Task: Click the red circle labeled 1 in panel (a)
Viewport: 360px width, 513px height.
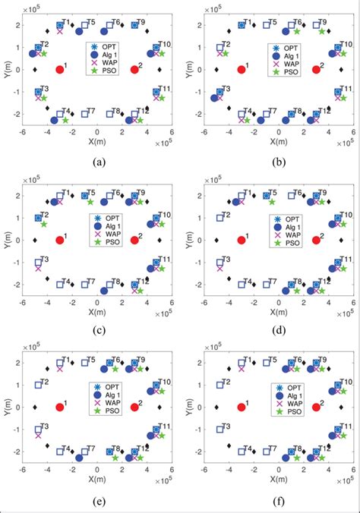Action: click(x=60, y=70)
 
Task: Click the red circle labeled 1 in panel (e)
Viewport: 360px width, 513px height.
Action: click(x=60, y=407)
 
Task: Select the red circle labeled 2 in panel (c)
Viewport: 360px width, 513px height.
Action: click(x=134, y=240)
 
